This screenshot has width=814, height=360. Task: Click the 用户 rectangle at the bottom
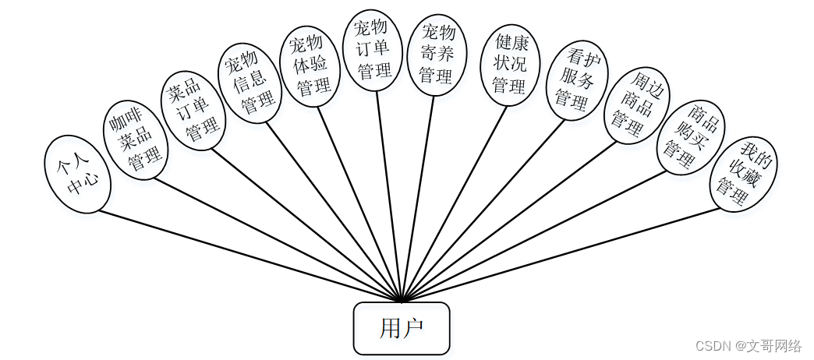(402, 328)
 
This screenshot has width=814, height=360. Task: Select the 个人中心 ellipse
(77, 175)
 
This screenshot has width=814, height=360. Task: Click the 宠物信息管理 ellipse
(249, 83)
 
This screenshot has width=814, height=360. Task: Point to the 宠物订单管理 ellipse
(373, 50)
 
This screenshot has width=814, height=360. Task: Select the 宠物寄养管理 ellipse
(437, 55)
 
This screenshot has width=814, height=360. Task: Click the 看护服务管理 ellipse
(576, 79)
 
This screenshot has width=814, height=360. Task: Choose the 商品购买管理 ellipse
(690, 138)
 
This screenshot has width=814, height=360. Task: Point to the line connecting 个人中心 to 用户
(250, 256)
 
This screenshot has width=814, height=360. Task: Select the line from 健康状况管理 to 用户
(455, 203)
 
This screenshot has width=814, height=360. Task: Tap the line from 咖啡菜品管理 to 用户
(277, 239)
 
